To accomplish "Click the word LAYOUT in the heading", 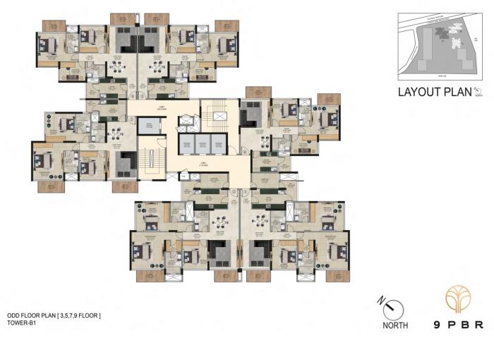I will [x=418, y=91].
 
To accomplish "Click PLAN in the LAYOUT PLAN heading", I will [x=457, y=91].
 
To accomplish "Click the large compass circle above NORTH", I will [x=393, y=308].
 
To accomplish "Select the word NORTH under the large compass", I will [x=394, y=325].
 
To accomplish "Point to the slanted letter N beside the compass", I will [x=382, y=299].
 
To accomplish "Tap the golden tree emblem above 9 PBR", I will [x=458, y=301].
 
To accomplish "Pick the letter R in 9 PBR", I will [x=479, y=325].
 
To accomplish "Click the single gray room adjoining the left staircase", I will [x=149, y=126].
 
